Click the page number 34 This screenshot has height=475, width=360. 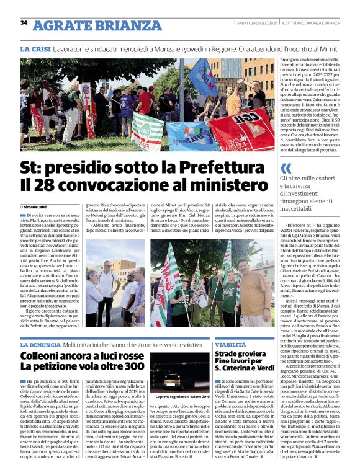pyautogui.click(x=24, y=22)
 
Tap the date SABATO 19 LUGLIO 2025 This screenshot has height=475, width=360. pyautogui.click(x=256, y=23)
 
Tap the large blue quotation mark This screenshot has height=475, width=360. pyautogui.click(x=286, y=167)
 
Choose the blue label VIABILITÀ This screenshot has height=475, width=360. pyautogui.click(x=230, y=344)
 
